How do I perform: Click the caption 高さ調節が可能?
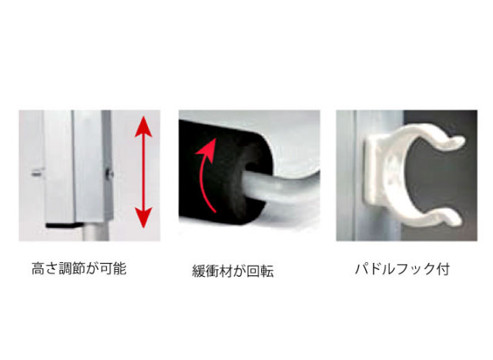pos(79,268)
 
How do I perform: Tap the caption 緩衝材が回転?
pos(233,271)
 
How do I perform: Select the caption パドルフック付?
pos(402,269)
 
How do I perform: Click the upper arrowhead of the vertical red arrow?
pos(143,126)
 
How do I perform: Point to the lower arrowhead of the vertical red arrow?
pos(143,217)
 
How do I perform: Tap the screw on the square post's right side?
pos(109,173)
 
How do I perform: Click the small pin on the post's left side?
pos(37,173)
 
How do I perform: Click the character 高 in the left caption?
pos(38,269)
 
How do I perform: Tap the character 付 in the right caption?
pos(444,269)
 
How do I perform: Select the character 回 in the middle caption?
pos(253,271)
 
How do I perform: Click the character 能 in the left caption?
pos(120,269)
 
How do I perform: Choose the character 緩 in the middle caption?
pos(199,271)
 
